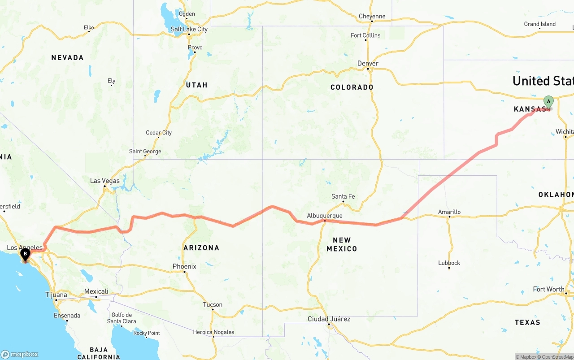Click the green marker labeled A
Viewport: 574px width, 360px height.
(x=548, y=101)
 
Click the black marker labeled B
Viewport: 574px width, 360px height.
(x=25, y=254)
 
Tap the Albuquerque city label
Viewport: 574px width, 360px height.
(x=324, y=216)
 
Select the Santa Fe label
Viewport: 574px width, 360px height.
(x=343, y=196)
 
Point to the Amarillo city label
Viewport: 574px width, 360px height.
(x=449, y=212)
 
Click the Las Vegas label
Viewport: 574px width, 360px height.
(x=105, y=181)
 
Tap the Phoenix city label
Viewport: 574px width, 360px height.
(x=184, y=266)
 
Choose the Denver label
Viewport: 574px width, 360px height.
(x=368, y=63)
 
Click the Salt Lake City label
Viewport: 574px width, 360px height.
(x=189, y=29)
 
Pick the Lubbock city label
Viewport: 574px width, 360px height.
(x=449, y=263)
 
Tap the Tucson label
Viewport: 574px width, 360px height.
(x=213, y=304)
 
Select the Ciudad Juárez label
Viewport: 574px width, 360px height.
(x=329, y=319)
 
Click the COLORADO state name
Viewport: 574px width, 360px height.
(x=352, y=87)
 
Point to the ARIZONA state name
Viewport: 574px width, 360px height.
(x=201, y=247)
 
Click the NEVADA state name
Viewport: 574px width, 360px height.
(x=67, y=57)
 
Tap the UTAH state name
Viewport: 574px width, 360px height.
(x=196, y=85)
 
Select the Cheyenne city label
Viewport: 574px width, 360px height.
(x=372, y=17)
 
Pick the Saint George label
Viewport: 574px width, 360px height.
(x=145, y=152)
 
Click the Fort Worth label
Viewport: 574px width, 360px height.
(x=548, y=289)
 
